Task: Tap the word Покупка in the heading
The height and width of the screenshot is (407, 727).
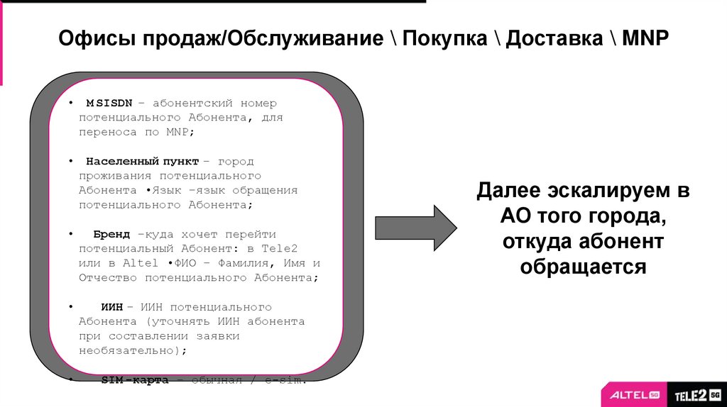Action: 444,39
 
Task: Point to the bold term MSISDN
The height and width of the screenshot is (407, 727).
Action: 109,104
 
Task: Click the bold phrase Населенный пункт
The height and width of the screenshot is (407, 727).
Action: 142,162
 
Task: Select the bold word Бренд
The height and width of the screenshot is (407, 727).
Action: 111,234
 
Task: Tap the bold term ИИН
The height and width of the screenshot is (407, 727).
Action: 111,307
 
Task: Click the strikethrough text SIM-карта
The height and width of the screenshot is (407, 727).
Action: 134,380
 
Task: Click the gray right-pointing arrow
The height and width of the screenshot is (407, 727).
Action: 415,228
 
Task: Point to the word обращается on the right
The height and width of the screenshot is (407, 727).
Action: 583,267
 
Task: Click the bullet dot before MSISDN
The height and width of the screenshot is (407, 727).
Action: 71,104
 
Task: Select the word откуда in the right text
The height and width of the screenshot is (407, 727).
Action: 537,242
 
